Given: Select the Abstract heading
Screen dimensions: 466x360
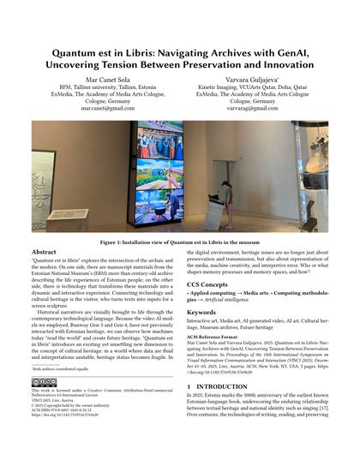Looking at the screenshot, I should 45,254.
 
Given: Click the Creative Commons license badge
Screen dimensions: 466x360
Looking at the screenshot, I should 42,405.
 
